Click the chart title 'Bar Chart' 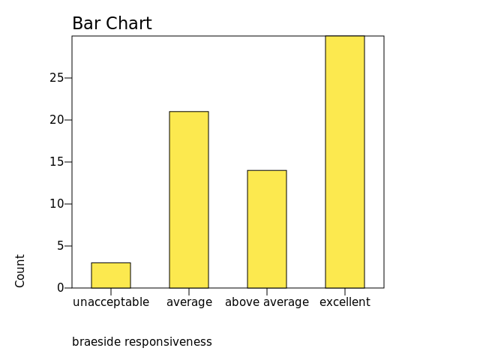click(x=112, y=24)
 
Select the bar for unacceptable click(x=111, y=275)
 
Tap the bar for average click(x=189, y=199)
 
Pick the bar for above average click(x=267, y=229)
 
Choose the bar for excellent click(x=345, y=162)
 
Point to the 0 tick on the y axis click(x=60, y=288)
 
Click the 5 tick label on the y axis click(x=60, y=246)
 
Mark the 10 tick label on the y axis click(x=57, y=204)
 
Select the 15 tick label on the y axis click(x=57, y=162)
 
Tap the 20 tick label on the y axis click(x=57, y=120)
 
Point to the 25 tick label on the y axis click(x=57, y=78)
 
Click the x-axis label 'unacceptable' click(x=111, y=302)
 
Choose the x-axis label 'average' click(x=189, y=302)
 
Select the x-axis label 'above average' click(x=267, y=302)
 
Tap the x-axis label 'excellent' click(x=345, y=302)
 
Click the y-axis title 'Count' click(x=20, y=270)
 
